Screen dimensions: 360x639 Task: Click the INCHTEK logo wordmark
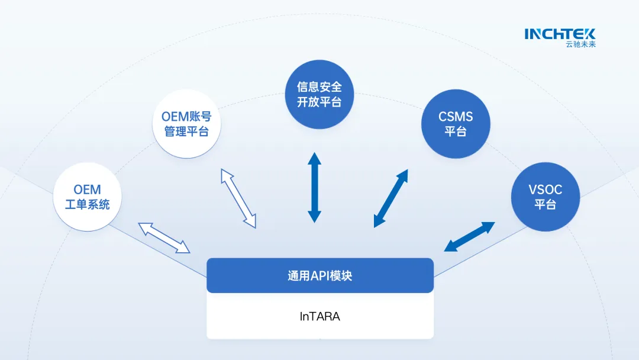pos(559,34)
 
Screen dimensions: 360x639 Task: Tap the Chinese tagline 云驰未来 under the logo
pos(580,44)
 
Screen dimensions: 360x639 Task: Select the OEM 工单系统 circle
pos(87,197)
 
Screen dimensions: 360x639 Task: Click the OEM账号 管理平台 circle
pos(186,123)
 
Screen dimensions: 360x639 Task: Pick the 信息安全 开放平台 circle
pos(319,94)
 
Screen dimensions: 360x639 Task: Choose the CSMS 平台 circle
pos(456,124)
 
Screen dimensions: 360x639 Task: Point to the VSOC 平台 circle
pos(545,197)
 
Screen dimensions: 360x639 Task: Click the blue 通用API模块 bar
pos(319,275)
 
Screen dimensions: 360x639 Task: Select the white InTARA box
pos(319,316)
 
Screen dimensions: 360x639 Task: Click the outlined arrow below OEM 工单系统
pos(164,237)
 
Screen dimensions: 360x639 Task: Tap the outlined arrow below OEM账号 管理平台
pos(238,198)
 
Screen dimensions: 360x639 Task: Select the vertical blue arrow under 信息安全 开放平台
pos(314,187)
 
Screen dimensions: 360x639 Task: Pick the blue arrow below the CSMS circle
pos(391,198)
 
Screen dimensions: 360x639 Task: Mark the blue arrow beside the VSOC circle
pos(469,237)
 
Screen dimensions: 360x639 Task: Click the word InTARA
pos(319,316)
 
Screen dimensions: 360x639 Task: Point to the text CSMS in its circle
pos(456,117)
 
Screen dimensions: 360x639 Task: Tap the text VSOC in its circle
pos(545,190)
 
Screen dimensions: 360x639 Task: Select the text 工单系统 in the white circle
pos(87,205)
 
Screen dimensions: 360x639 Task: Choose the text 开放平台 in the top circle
pos(319,101)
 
